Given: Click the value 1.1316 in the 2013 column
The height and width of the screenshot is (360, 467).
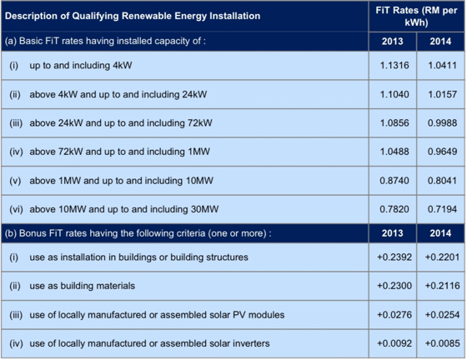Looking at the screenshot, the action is coord(394,65).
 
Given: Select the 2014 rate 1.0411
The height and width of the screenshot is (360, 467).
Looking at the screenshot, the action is coord(442,65).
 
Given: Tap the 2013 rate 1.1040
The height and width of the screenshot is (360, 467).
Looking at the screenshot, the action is coord(394,94).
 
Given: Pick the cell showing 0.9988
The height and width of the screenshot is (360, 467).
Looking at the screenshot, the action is coord(442,122).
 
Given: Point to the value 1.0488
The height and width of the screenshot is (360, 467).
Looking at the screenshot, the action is coord(394,152).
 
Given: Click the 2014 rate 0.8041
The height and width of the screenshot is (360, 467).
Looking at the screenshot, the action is coord(442,181).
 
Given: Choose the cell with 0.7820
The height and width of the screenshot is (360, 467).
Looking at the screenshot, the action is coord(394,209).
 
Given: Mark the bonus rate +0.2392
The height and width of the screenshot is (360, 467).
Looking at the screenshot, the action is coord(394,257).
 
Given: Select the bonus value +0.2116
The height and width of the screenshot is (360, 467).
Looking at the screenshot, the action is coord(442,286).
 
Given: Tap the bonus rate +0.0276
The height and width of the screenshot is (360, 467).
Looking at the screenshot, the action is coord(394,315).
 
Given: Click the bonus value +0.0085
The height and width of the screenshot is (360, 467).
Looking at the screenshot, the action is coord(442,343).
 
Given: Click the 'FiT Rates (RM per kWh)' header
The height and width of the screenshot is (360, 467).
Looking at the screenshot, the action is coord(416,17).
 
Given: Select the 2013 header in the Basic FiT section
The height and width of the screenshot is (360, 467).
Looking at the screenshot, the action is coord(392,41).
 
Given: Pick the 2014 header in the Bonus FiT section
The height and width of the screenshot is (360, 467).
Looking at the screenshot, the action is coord(440,233).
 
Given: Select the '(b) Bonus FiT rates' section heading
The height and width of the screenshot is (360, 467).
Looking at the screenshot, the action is coord(138,233).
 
